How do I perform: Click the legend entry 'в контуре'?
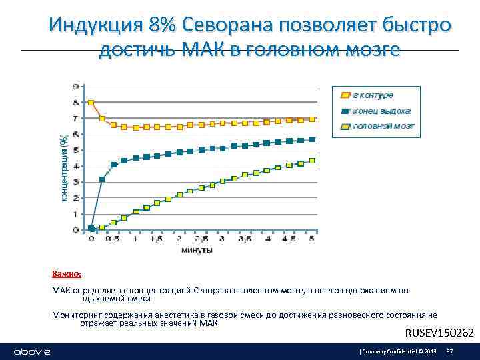tap(372, 95)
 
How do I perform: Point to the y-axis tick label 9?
tap(76, 87)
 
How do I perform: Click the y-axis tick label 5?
tap(76, 150)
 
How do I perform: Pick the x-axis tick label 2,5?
tap(201, 239)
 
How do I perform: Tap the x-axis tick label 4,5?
tap(289, 239)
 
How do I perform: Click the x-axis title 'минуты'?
tap(197, 251)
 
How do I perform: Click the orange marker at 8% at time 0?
tap(91, 103)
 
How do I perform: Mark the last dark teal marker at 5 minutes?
tap(312, 139)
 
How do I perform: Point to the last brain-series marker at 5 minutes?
tap(312, 161)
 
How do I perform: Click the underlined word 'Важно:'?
tap(67, 274)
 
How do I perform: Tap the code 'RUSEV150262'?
tap(439, 333)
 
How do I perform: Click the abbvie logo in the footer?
tap(32, 351)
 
